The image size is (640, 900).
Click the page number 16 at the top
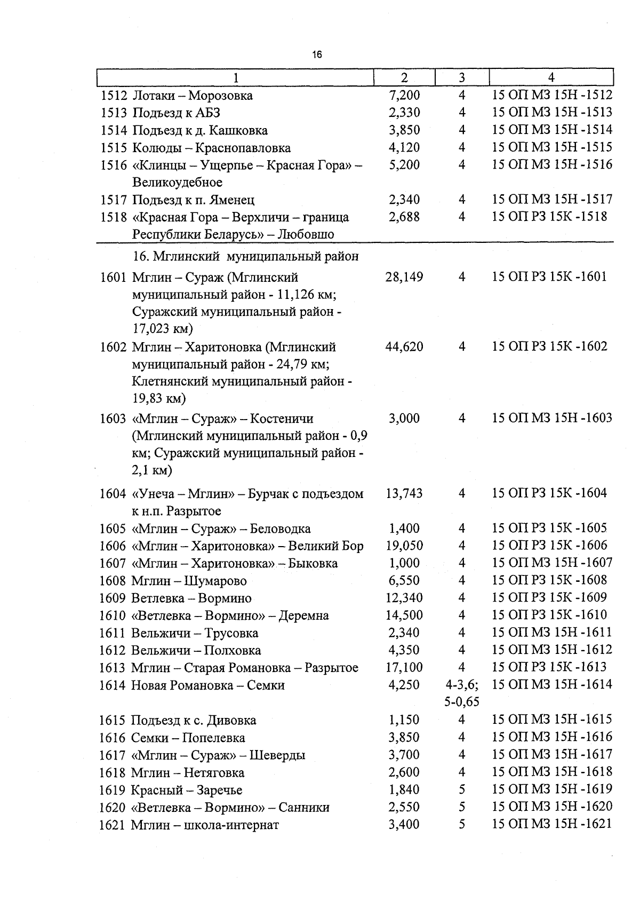[317, 54]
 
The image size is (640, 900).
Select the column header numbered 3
[462, 77]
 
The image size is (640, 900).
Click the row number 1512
[114, 96]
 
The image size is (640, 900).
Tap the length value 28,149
[404, 277]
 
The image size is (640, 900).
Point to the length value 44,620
[404, 347]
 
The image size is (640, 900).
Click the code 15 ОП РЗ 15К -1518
[549, 217]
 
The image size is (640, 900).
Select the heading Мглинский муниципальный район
[246, 257]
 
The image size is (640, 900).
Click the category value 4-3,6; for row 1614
[462, 685]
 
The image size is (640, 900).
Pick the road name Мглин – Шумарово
[189, 581]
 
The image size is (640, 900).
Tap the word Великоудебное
[177, 183]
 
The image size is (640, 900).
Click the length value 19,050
[404, 546]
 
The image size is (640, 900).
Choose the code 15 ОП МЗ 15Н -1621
[551, 824]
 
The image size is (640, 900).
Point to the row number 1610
[113, 615]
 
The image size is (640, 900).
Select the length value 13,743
[404, 494]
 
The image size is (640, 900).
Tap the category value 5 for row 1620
[462, 807]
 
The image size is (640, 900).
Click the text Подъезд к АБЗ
[176, 113]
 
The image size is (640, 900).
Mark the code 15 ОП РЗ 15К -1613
[549, 667]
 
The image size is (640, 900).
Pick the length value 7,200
[404, 96]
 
